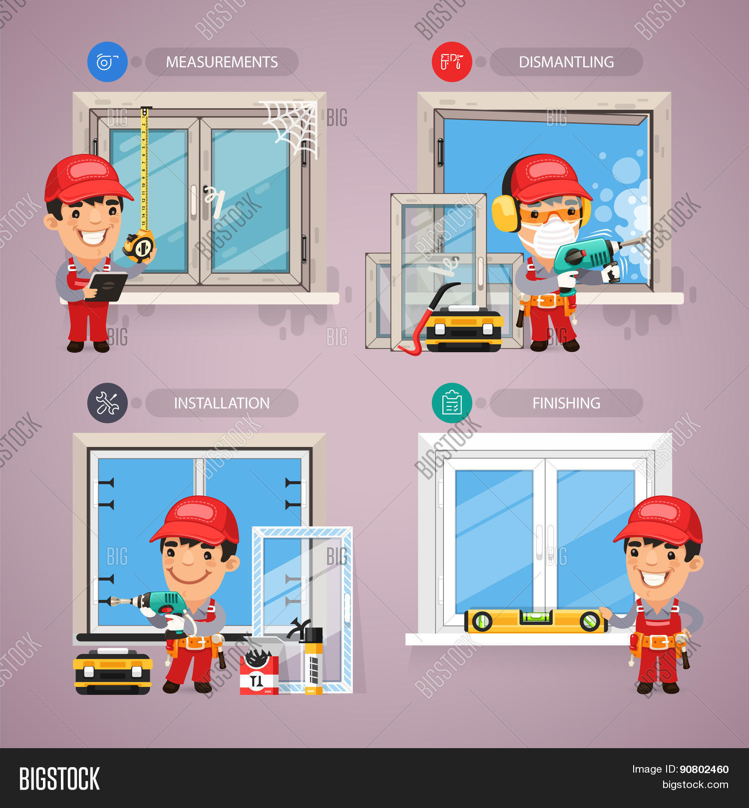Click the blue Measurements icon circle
click(x=107, y=62)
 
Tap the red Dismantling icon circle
click(x=451, y=62)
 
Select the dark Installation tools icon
click(x=107, y=403)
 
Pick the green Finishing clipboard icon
click(x=451, y=403)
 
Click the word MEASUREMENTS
click(x=222, y=62)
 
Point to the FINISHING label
click(x=566, y=403)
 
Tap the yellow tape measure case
click(x=140, y=246)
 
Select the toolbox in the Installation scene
click(x=113, y=671)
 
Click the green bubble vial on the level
click(x=535, y=617)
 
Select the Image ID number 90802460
click(x=704, y=769)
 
